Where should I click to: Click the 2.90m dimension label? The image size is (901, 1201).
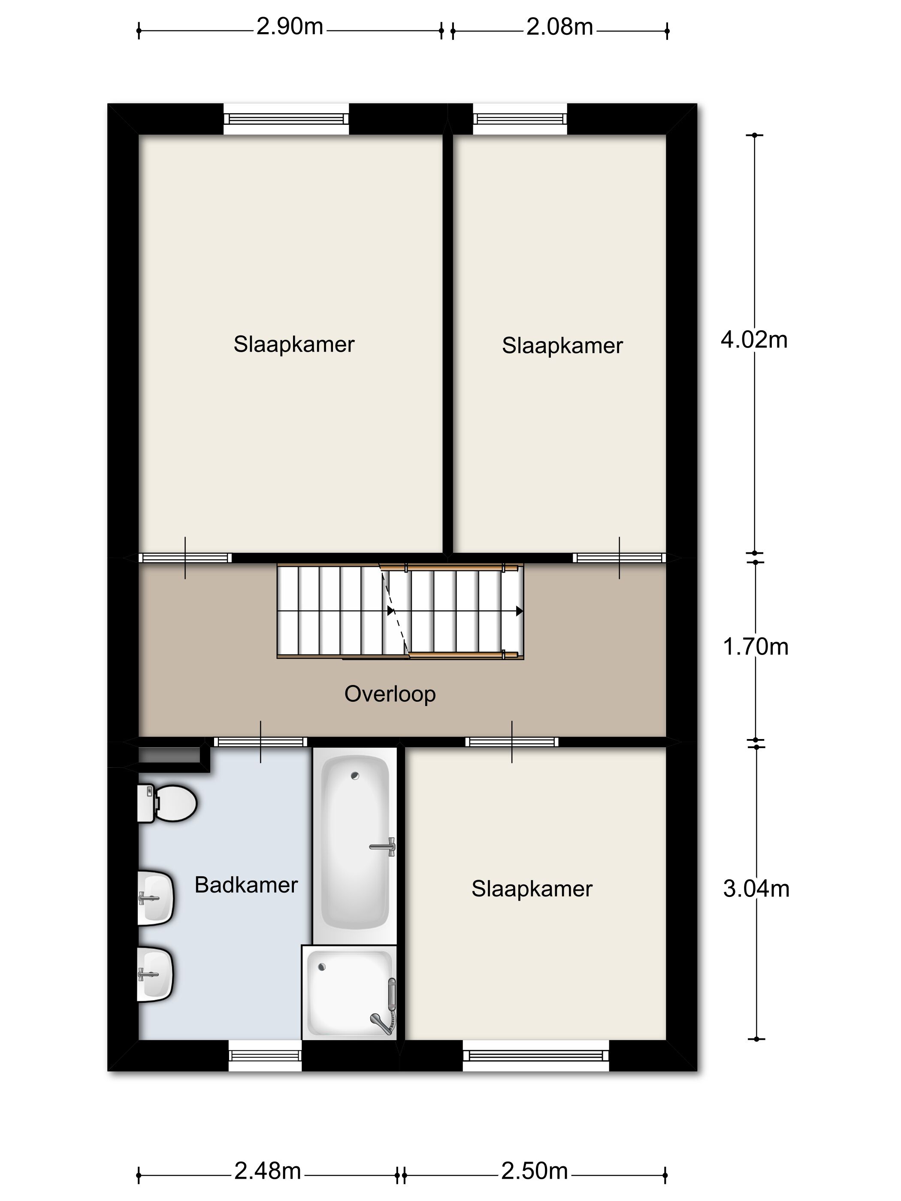[x=290, y=27]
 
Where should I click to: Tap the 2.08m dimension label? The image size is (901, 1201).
[x=559, y=27]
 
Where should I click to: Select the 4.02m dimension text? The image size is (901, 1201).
[x=754, y=339]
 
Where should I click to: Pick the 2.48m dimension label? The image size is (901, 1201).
[x=267, y=1171]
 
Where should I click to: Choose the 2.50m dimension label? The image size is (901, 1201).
[x=535, y=1171]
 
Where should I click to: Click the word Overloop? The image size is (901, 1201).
[x=390, y=694]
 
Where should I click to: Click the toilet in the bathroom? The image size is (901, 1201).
[x=166, y=803]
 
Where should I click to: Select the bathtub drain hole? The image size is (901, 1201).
[x=355, y=776]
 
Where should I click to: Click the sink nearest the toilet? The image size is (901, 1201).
[x=156, y=898]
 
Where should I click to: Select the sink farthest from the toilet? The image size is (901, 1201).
[x=156, y=974]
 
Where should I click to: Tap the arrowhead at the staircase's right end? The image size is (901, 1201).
[x=520, y=611]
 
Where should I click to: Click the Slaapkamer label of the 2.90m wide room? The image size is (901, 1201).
[x=294, y=344]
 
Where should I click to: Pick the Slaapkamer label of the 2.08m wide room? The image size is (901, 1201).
[x=562, y=346]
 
